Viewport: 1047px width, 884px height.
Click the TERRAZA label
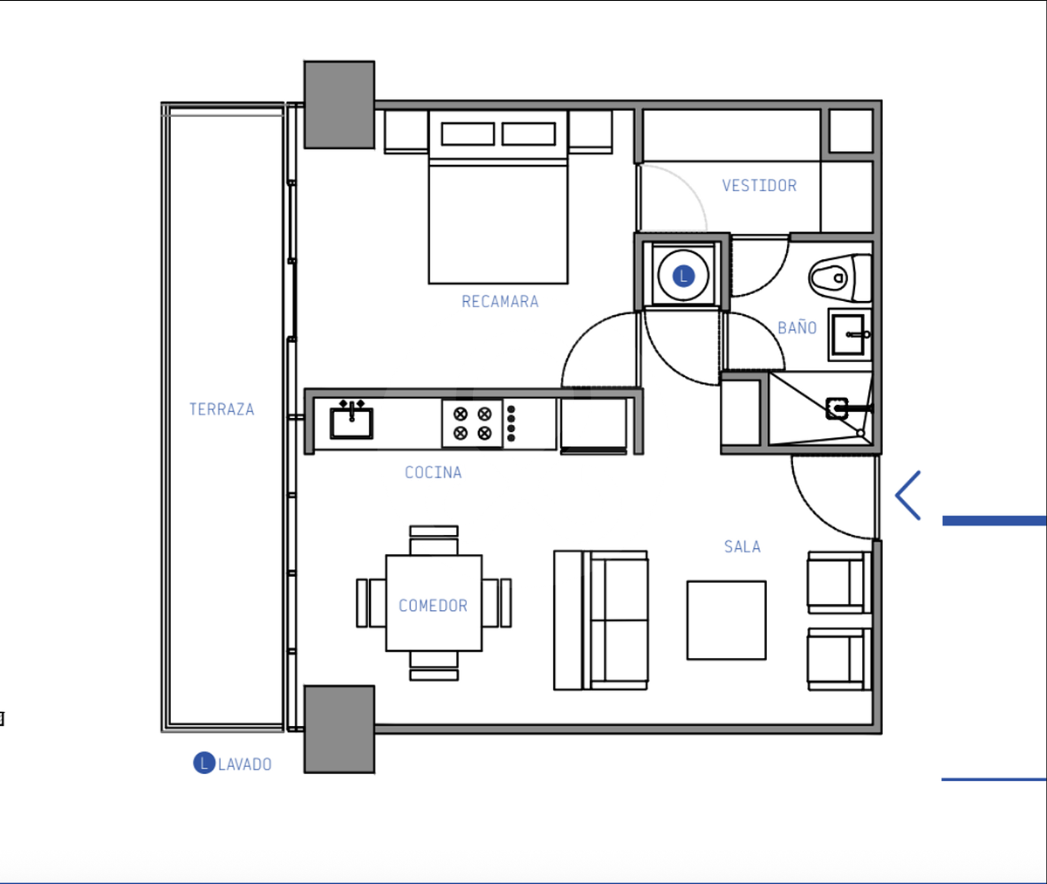[x=222, y=409]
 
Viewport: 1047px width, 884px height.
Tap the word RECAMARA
[x=500, y=302]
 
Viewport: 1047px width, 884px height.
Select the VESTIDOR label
[x=759, y=186]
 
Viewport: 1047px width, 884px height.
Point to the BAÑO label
[x=797, y=327]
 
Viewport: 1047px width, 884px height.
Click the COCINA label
[x=434, y=473]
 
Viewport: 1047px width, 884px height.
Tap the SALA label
[x=742, y=546]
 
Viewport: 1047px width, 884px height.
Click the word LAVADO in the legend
[x=244, y=764]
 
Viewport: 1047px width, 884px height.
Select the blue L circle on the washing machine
[x=683, y=276]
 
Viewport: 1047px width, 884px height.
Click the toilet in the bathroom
[x=840, y=278]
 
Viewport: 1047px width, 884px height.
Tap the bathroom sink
[x=850, y=334]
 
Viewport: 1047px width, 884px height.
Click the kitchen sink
[x=352, y=421]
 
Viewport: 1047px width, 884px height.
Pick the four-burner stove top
[x=472, y=424]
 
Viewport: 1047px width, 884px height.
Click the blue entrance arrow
[x=908, y=495]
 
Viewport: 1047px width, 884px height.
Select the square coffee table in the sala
[x=726, y=620]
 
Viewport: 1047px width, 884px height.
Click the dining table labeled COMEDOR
[x=434, y=603]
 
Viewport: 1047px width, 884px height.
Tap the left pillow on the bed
[x=468, y=134]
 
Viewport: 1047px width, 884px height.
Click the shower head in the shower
[x=838, y=409]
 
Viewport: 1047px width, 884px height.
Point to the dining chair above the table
[x=434, y=540]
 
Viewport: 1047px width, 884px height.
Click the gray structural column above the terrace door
[x=339, y=105]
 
